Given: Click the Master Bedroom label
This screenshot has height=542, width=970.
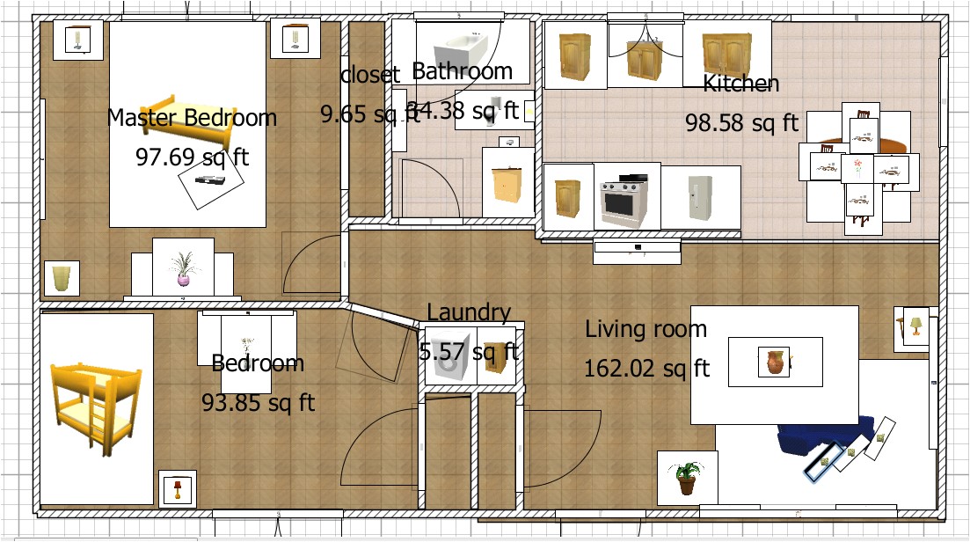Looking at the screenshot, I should click(x=192, y=117).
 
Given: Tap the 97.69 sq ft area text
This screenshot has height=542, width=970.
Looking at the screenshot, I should click(x=192, y=157).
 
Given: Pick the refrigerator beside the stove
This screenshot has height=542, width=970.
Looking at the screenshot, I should click(x=699, y=196).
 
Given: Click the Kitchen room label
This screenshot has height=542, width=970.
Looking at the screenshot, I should click(x=740, y=84).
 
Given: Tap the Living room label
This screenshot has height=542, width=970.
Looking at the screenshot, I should click(x=645, y=330).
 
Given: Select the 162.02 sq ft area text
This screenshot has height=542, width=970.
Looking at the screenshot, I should click(x=646, y=367).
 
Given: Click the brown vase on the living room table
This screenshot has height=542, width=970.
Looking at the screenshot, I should click(x=776, y=362).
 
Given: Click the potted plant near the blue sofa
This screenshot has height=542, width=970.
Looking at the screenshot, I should click(x=687, y=479).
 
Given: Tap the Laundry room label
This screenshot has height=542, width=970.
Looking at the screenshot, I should click(x=468, y=312).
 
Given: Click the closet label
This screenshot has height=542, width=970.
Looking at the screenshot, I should click(x=370, y=75).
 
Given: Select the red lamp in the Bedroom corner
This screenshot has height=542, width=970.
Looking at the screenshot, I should click(x=178, y=488).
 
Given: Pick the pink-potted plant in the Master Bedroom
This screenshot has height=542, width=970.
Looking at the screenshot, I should click(x=183, y=268).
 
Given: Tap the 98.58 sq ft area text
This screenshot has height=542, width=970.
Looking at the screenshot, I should click(x=741, y=122).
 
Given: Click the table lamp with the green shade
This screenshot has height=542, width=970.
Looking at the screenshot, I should click(x=915, y=326).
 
